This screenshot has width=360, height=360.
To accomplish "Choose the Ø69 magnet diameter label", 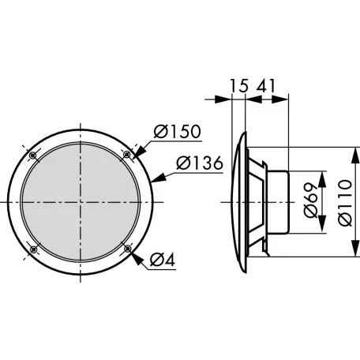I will click(x=311, y=202).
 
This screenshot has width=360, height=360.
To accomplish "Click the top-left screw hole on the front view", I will click(x=32, y=155).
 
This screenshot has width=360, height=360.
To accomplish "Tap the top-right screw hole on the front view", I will click(x=127, y=155).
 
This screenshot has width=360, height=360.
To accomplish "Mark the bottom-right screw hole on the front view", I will click(x=127, y=249).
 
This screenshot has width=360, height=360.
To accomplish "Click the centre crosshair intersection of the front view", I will click(x=80, y=202).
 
